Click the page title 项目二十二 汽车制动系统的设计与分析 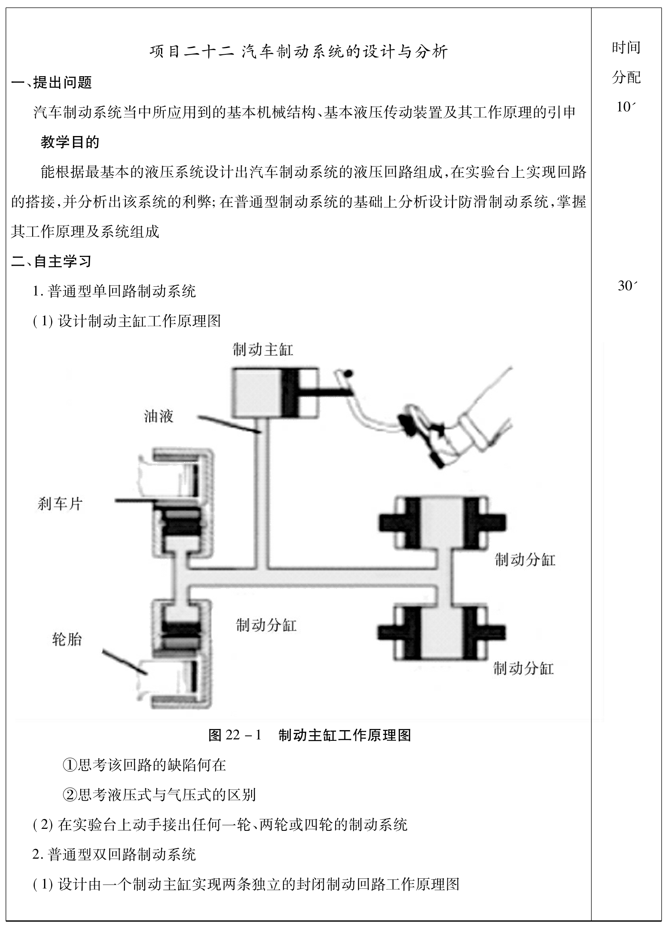(298, 52)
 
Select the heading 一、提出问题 (52, 82)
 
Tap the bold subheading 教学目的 (70, 142)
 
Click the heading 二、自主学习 (52, 261)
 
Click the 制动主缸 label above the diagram (263, 350)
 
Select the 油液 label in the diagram (158, 416)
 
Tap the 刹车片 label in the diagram (60, 504)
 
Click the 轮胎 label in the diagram (67, 639)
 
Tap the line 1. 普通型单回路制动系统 (114, 291)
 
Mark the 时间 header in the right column (626, 48)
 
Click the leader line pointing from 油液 (229, 425)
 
